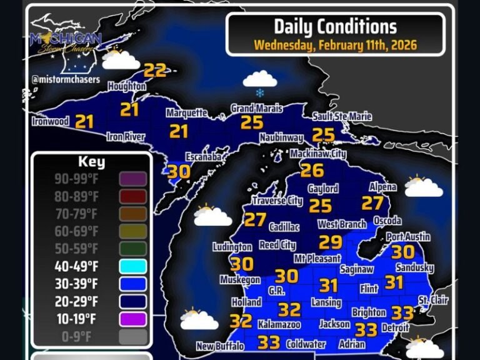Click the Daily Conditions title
[335, 26]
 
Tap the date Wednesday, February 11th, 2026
[335, 45]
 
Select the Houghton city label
[127, 86]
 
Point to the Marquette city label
[186, 113]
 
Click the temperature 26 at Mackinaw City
[312, 169]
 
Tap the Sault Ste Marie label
[342, 117]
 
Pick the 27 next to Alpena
[372, 203]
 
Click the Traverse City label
[277, 201]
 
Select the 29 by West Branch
[331, 242]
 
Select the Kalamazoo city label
[279, 325]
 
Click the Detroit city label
[395, 327]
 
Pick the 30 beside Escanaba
[179, 171]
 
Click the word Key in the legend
[91, 162]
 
